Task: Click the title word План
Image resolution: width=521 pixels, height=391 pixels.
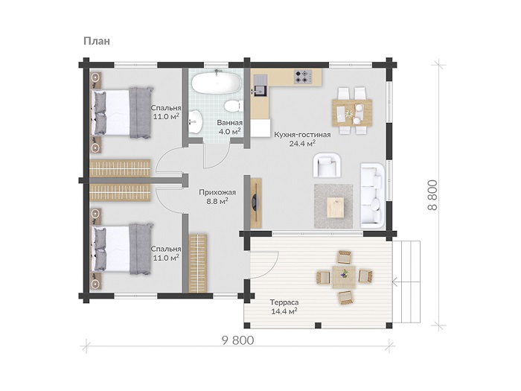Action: [96, 41]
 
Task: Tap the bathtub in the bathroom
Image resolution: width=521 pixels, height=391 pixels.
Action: [216, 83]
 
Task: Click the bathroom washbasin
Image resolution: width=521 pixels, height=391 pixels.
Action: [195, 122]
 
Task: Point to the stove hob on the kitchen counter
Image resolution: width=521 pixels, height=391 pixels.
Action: [303, 77]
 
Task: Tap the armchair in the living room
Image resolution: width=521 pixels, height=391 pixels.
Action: [327, 165]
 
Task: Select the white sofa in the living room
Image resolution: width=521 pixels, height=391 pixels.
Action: [372, 195]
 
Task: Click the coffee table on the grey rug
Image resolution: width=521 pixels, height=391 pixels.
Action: [336, 207]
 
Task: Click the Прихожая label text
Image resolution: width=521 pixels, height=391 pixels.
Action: [217, 192]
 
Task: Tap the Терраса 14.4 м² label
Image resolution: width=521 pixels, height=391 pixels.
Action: [284, 307]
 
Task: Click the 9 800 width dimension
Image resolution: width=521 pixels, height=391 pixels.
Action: [237, 340]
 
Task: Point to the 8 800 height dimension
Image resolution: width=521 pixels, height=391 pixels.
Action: [432, 195]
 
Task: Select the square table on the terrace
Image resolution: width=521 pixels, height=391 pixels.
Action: [344, 276]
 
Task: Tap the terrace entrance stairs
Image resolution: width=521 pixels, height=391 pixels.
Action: [406, 282]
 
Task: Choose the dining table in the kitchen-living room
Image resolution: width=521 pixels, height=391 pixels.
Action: [352, 112]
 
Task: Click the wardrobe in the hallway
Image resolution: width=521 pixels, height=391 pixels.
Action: [198, 264]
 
